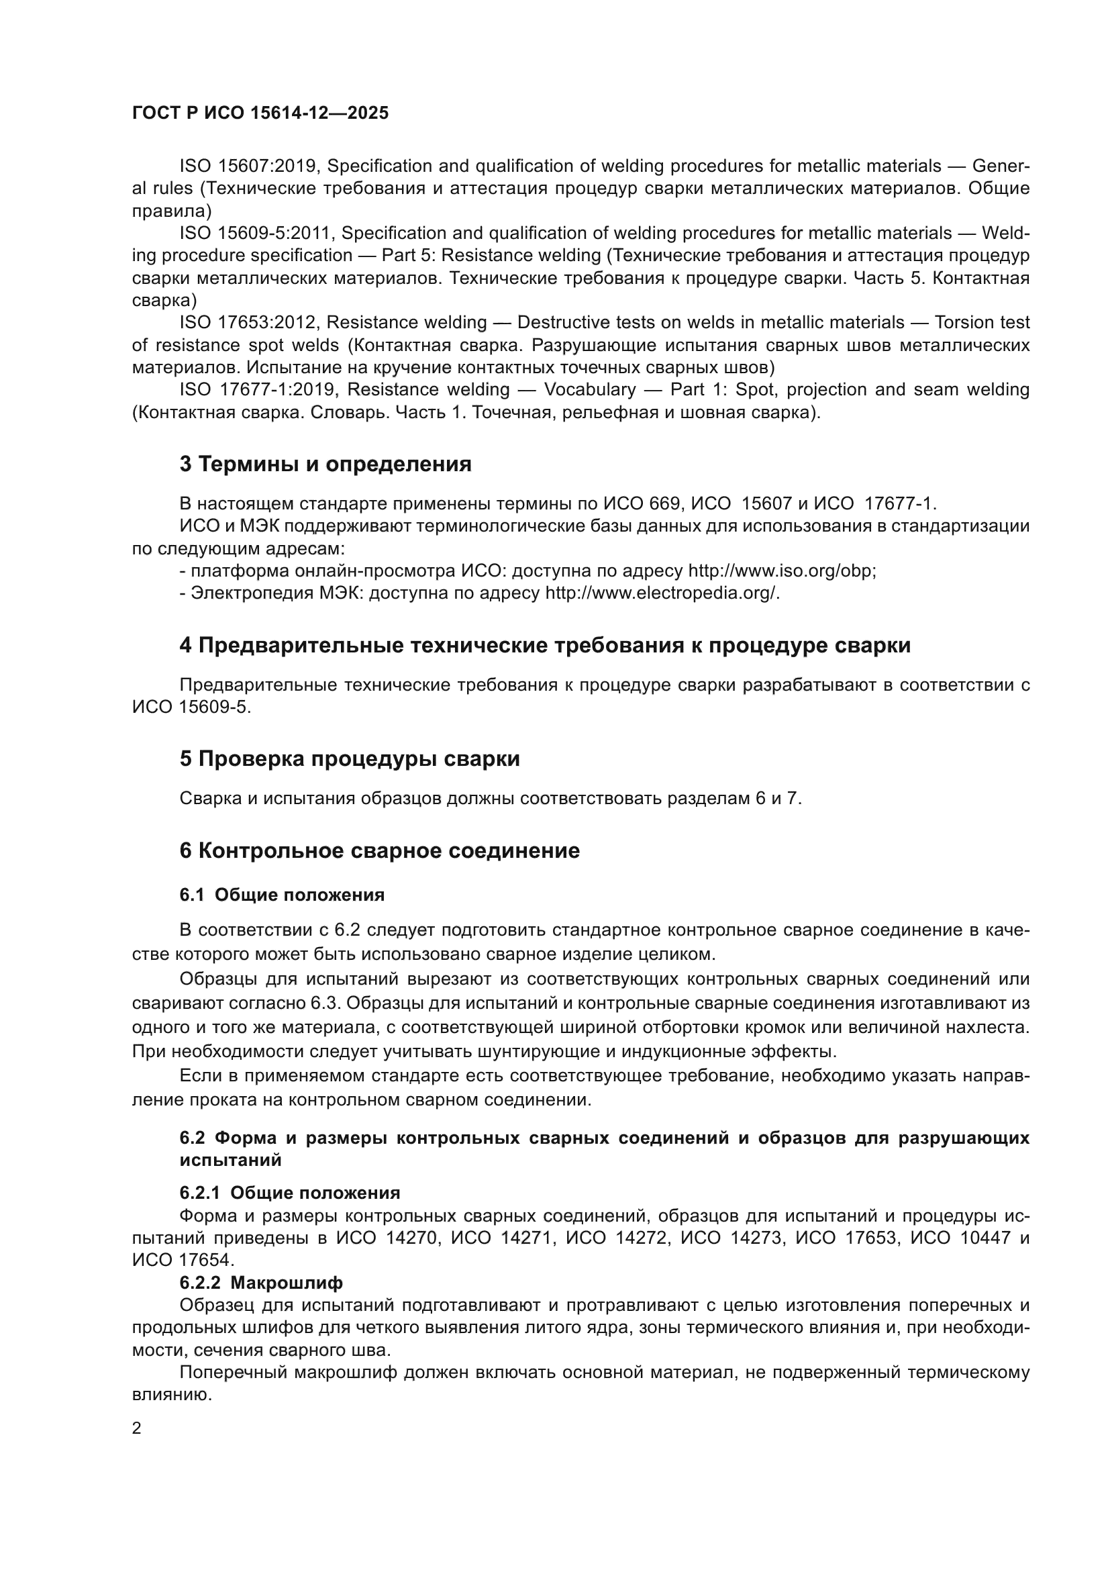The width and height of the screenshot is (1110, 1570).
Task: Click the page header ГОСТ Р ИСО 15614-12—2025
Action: coord(260,113)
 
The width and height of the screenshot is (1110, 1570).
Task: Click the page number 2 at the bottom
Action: coord(137,1428)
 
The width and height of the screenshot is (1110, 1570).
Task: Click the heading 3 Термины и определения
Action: coord(325,464)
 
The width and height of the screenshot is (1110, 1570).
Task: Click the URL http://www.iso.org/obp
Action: coord(780,571)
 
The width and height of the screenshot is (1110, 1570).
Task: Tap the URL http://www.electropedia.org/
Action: coord(661,593)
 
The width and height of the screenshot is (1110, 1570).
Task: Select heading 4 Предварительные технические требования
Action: coord(545,646)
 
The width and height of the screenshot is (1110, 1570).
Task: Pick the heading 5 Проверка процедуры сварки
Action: coord(349,759)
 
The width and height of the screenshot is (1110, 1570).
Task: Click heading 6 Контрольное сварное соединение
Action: coord(379,850)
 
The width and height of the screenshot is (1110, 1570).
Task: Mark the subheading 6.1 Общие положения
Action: coord(282,895)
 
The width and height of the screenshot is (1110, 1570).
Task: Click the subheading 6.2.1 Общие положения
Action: coord(290,1193)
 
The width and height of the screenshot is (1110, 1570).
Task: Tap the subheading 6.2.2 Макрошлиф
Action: coord(261,1282)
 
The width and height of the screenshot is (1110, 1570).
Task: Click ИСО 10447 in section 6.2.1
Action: coord(961,1238)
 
